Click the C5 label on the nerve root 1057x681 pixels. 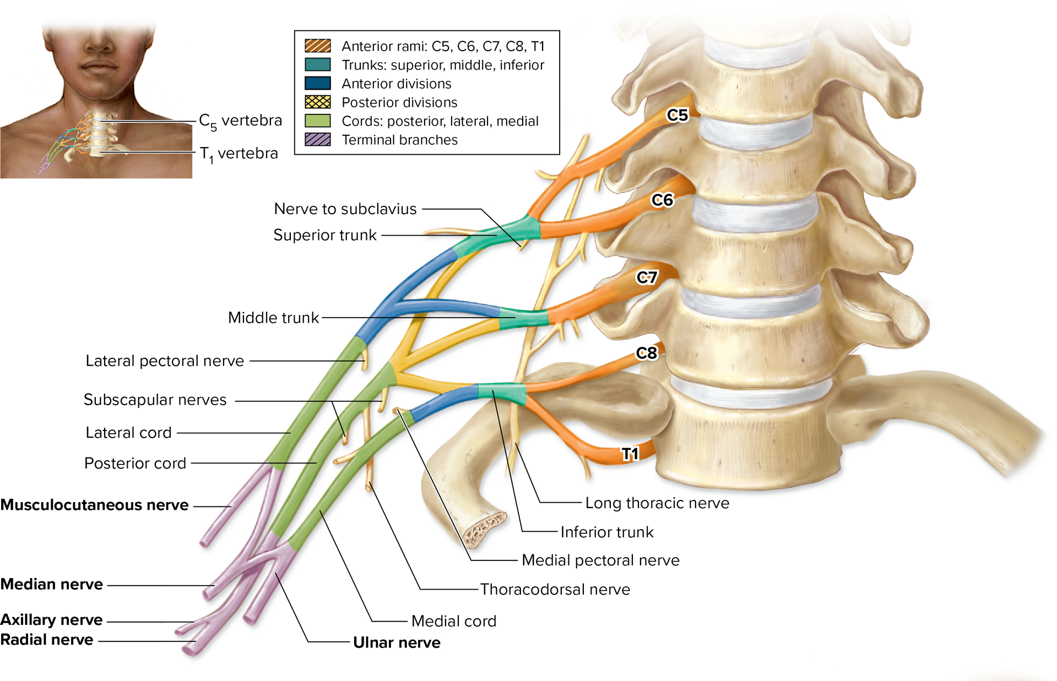(677, 115)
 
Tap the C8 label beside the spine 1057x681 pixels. (646, 353)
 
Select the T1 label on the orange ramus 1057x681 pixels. (630, 454)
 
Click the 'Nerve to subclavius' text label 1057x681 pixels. (345, 209)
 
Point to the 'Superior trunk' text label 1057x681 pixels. (325, 235)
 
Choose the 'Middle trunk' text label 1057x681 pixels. (273, 318)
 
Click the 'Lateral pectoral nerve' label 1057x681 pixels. (165, 361)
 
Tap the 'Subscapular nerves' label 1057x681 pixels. (155, 400)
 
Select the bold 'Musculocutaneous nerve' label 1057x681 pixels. (94, 505)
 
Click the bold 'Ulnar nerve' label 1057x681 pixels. (397, 643)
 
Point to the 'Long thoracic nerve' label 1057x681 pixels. (657, 503)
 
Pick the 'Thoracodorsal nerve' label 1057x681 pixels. (555, 590)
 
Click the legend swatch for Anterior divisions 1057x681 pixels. (318, 84)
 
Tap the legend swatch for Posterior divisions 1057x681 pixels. (318, 102)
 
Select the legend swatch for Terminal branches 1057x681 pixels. (318, 140)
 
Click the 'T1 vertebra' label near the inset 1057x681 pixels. (238, 154)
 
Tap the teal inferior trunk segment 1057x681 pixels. (502, 392)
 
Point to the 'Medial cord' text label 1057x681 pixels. (453, 622)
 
